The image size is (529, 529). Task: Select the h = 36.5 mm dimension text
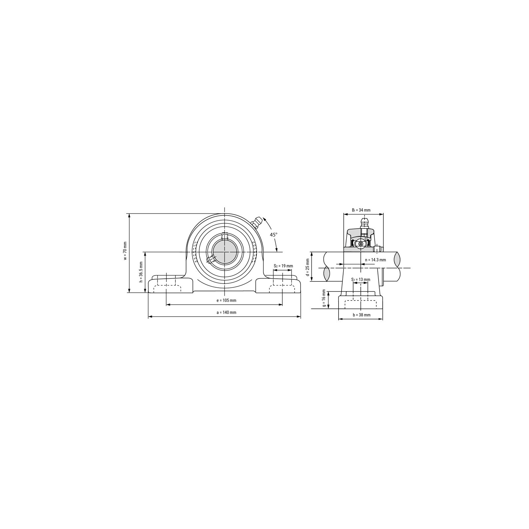[x=141, y=272]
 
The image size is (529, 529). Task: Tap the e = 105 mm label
[x=226, y=301]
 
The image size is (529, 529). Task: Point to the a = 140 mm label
[x=226, y=312]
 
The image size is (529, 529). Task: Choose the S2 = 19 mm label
[x=283, y=266]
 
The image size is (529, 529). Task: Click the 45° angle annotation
[x=273, y=234]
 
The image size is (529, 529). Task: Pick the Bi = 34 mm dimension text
[x=361, y=210]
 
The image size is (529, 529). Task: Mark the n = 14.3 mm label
[x=376, y=260]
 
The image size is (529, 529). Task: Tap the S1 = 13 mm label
[x=361, y=280]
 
